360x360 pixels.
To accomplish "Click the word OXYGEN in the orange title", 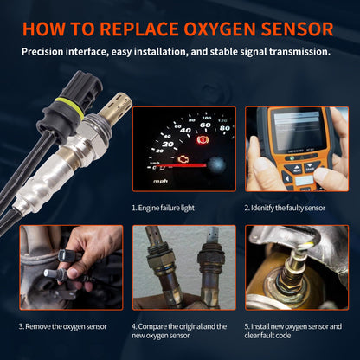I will click(212, 28).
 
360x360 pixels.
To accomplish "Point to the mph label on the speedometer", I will click(161, 182).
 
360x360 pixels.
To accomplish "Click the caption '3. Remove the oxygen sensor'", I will click(65, 326).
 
